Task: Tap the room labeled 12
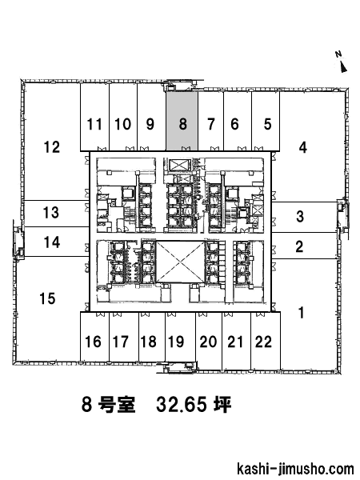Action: tap(52, 147)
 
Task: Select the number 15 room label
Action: tap(48, 298)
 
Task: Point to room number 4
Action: tap(302, 147)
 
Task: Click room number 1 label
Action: tap(302, 313)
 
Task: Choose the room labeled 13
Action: tap(51, 213)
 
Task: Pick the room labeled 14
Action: tap(52, 242)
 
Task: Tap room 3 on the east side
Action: tap(300, 217)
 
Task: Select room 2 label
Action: tap(299, 246)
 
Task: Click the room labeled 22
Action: tap(263, 342)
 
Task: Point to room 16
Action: tap(93, 342)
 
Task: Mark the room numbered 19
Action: tap(176, 342)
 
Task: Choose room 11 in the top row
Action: tap(94, 124)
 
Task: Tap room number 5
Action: tap(267, 124)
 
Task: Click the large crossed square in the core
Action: tap(180, 262)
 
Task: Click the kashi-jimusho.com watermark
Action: tap(295, 470)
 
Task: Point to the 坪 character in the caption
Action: tap(222, 404)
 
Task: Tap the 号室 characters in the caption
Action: tap(117, 404)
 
